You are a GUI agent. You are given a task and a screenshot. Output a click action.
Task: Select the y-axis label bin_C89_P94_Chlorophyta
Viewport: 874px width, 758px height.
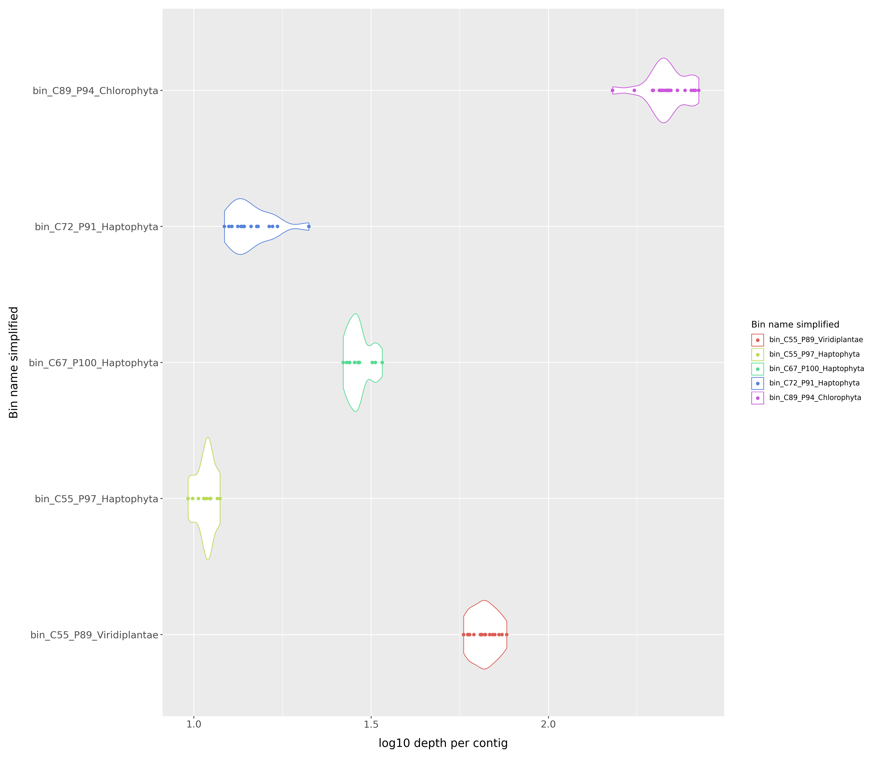[x=96, y=91]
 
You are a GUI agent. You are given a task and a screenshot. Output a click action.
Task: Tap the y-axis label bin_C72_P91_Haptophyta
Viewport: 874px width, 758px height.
[x=96, y=227]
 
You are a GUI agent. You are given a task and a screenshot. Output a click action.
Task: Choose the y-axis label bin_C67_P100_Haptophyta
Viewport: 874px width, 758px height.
[x=93, y=363]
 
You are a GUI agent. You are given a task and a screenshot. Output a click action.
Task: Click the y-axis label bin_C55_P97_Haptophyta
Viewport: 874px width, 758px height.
[x=96, y=499]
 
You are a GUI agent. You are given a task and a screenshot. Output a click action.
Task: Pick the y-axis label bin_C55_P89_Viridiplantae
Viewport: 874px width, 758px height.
[x=94, y=635]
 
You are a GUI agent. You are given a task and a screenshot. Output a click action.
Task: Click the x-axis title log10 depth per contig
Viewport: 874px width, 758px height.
[x=443, y=743]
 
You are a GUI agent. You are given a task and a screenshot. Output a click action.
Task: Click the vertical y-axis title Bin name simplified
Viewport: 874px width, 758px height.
[x=14, y=362]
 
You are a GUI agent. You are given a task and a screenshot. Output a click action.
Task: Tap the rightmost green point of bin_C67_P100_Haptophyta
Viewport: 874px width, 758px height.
[x=382, y=362]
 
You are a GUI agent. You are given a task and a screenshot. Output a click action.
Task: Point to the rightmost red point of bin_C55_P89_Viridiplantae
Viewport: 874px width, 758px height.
[x=507, y=635]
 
